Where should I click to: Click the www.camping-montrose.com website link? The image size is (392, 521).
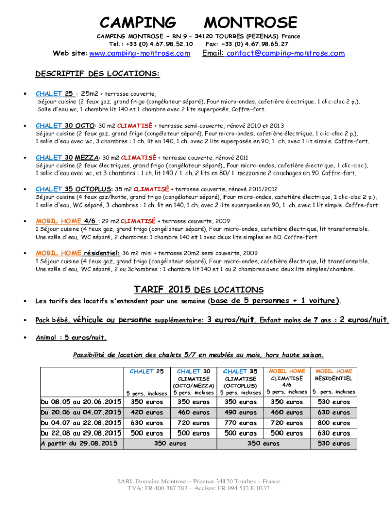point(139,54)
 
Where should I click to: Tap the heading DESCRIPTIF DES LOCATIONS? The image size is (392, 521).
point(97,74)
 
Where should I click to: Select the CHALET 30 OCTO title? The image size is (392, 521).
point(65,125)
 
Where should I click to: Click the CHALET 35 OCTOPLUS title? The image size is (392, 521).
point(73,189)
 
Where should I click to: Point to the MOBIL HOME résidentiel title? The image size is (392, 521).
point(77,253)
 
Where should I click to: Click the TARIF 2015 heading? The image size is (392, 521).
point(162,290)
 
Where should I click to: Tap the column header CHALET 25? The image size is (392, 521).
point(147,371)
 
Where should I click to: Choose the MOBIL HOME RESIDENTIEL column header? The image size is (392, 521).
point(333,375)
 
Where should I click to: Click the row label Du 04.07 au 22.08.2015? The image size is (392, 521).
point(81,423)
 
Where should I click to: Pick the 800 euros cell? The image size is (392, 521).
point(333,423)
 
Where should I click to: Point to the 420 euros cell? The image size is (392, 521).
point(147,413)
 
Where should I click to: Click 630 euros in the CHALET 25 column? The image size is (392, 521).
point(147,423)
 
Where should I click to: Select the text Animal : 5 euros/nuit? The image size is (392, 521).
point(71,337)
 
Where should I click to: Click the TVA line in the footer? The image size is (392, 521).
point(199,488)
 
